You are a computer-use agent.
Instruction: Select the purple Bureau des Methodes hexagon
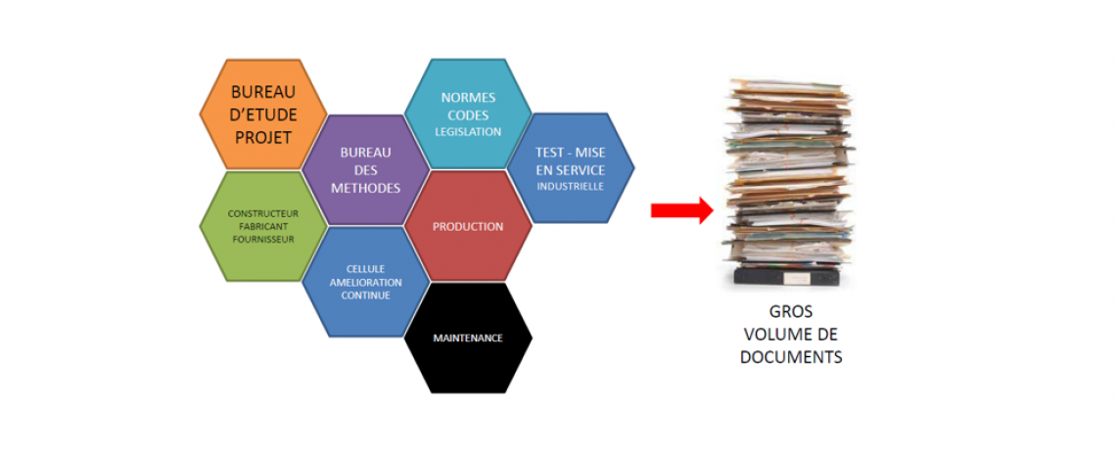pyautogui.click(x=364, y=170)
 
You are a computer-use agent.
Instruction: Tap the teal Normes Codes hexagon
pyautogui.click(x=468, y=113)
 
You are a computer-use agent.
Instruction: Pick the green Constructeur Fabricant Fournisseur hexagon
pyautogui.click(x=262, y=226)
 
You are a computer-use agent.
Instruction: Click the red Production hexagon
pyautogui.click(x=468, y=226)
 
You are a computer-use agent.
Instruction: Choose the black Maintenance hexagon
pyautogui.click(x=468, y=338)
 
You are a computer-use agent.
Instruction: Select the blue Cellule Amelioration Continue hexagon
pyautogui.click(x=364, y=282)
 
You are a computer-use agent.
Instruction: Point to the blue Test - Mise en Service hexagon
pyautogui.click(x=571, y=168)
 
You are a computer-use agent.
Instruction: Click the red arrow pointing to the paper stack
pyautogui.click(x=681, y=209)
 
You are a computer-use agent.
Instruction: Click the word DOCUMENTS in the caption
pyautogui.click(x=791, y=357)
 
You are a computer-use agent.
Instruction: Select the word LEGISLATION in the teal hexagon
pyautogui.click(x=468, y=131)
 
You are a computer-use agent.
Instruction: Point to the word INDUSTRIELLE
pyautogui.click(x=571, y=186)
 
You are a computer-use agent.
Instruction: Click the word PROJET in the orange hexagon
pyautogui.click(x=261, y=137)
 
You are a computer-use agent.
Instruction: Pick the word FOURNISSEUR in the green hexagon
pyautogui.click(x=262, y=239)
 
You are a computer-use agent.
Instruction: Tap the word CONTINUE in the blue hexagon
pyautogui.click(x=364, y=295)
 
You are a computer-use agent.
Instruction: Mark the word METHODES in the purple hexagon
pyautogui.click(x=364, y=188)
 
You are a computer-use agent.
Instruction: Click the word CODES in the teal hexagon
pyautogui.click(x=468, y=115)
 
